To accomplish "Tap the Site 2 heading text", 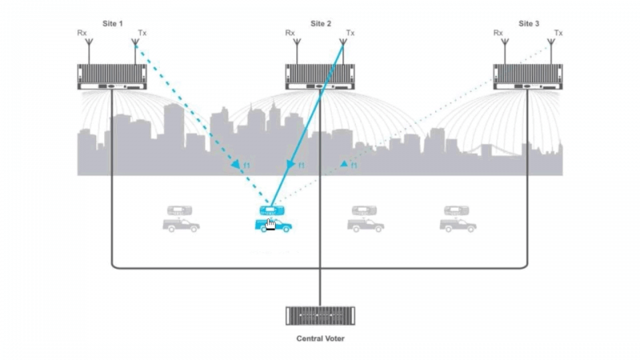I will click(x=320, y=24).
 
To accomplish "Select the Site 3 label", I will click(x=529, y=24).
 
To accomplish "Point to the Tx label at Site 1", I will click(x=142, y=34).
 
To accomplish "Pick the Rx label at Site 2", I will click(x=290, y=34).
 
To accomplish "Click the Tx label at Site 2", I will click(x=350, y=34).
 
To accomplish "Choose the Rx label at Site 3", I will click(x=498, y=34).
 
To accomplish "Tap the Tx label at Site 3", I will click(x=558, y=34).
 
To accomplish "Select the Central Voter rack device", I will click(x=320, y=315).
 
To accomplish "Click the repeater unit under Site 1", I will click(x=112, y=77).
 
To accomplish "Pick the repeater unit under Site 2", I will click(x=320, y=77).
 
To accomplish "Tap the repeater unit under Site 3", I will click(x=528, y=77).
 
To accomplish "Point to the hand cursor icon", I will click(x=272, y=225).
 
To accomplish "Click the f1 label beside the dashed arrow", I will click(x=246, y=166).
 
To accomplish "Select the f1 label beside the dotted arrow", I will click(x=353, y=166).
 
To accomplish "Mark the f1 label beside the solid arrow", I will click(x=301, y=166).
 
